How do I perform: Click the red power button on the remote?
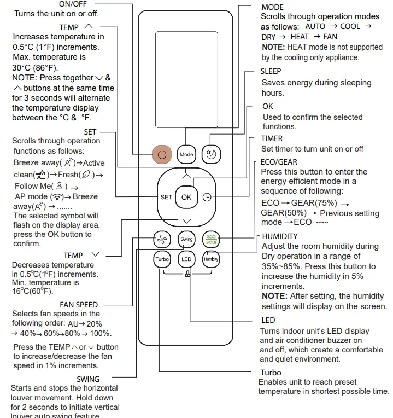click(162, 154)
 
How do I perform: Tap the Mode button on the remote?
click(186, 154)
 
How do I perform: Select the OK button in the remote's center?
click(186, 197)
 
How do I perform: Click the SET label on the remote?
click(166, 197)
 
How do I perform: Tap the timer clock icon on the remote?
click(207, 197)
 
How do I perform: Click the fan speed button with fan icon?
click(162, 239)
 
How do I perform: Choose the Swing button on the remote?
click(186, 239)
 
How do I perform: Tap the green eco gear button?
click(211, 239)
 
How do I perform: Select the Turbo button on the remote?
click(162, 259)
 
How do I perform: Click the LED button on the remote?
click(186, 259)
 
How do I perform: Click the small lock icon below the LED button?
click(187, 274)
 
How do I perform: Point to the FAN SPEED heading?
click(79, 305)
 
